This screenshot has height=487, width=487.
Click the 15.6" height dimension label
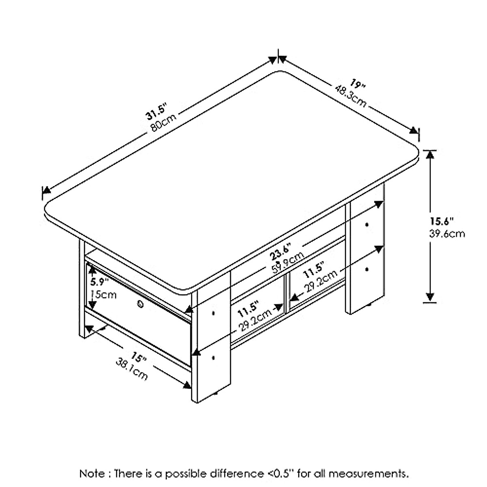click(442, 222)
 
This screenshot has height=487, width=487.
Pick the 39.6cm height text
click(447, 234)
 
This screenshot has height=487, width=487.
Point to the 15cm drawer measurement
click(103, 294)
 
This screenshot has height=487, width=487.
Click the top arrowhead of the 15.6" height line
click(431, 154)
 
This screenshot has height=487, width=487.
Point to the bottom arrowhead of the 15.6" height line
click(431, 298)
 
